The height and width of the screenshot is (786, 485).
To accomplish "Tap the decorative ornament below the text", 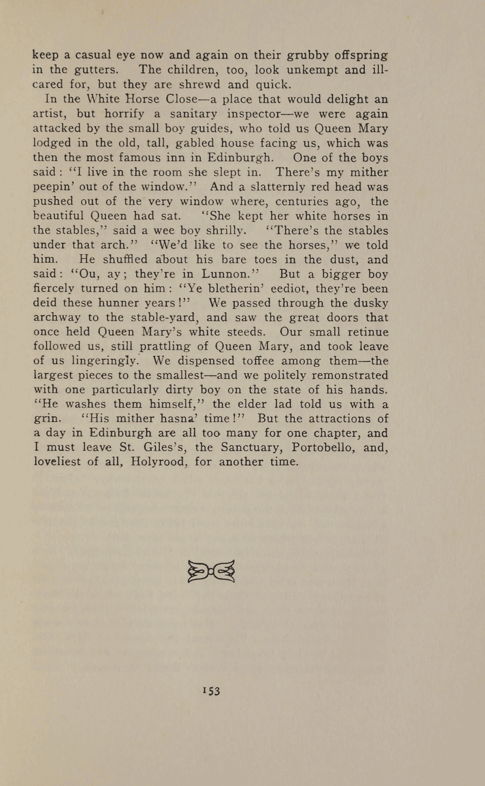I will coord(211,571).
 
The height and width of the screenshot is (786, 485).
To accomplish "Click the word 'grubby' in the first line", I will coord(308,56).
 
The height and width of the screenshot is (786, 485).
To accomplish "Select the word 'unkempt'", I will coord(318,70).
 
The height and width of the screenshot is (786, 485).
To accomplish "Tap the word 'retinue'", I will coord(366,332).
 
